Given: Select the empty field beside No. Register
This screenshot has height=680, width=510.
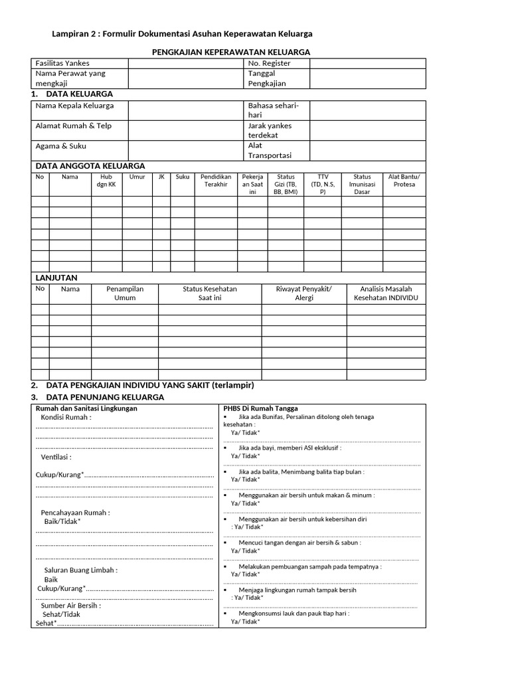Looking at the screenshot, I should pos(367,63).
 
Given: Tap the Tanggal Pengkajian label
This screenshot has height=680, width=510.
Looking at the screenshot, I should pos(267,78).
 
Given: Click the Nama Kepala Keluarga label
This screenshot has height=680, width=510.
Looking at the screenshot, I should pos(74,106).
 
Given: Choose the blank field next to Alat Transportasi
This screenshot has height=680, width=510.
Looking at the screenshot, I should pos(367,151).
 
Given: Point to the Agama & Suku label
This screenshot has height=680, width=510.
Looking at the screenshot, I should pos(60,146).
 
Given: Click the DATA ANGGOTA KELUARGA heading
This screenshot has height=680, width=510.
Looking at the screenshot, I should pos(90,165).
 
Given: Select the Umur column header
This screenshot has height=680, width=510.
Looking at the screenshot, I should pos(137,177).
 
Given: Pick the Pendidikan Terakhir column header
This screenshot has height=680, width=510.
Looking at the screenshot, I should pos(216,181).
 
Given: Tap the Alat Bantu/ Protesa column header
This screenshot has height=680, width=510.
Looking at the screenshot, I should pos(404,181).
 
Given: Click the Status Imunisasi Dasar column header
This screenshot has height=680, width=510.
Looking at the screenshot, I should pos(362,184).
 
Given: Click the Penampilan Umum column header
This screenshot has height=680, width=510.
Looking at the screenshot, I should pos(125,294).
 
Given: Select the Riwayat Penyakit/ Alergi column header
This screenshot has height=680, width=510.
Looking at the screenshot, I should pos(303,294).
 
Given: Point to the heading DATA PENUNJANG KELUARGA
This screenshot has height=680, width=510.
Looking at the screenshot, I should pos(104,397).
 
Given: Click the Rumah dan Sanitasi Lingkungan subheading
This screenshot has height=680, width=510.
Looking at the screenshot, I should pos(86,408).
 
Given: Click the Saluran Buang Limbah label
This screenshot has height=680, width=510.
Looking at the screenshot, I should pos(81,570).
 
